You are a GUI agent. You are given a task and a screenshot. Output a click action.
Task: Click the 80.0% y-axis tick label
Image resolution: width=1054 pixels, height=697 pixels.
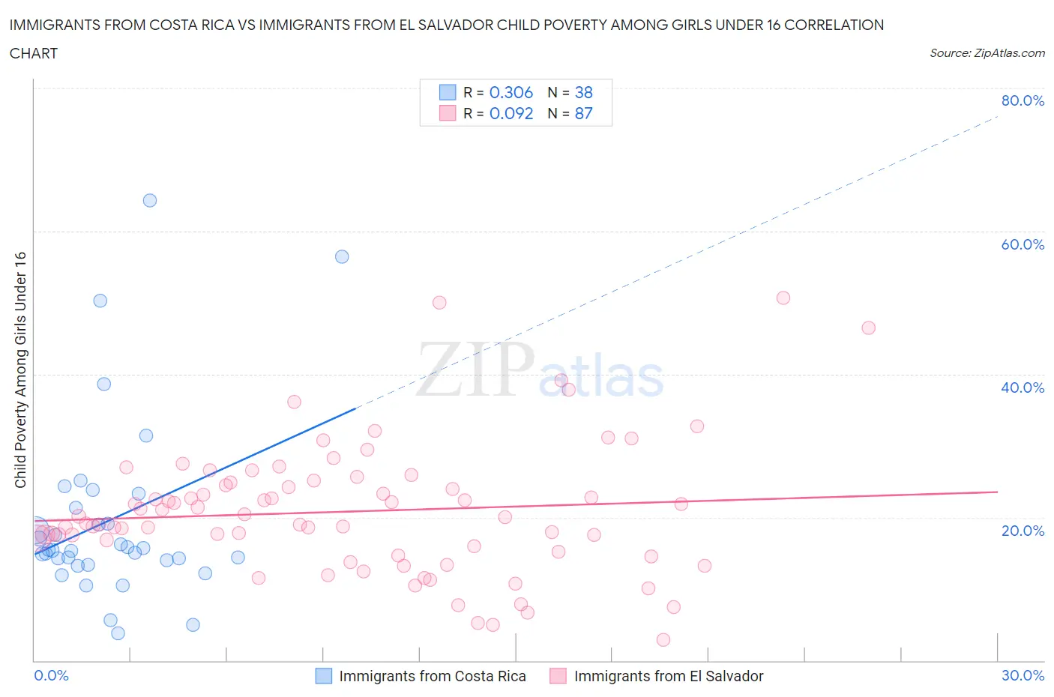[x=1023, y=100]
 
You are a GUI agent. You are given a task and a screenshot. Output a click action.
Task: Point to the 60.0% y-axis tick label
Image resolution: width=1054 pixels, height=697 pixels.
[x=1023, y=244]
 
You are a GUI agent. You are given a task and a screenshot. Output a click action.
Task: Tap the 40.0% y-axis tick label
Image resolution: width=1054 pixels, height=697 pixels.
[x=1023, y=387]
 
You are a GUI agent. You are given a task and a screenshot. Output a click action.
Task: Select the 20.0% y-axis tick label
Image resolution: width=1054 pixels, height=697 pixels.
[x=1023, y=531]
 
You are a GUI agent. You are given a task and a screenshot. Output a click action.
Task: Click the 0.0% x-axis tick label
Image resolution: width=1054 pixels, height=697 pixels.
[x=51, y=675]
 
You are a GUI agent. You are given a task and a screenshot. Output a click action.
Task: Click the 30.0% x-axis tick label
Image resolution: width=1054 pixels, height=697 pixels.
[x=1023, y=675]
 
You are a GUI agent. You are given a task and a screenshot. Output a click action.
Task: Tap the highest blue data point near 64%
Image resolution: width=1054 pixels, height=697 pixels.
[x=150, y=200]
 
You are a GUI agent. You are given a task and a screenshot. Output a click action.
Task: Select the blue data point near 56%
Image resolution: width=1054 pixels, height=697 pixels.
[x=342, y=256]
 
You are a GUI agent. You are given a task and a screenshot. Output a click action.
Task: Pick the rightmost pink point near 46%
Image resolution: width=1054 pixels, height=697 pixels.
[x=868, y=328]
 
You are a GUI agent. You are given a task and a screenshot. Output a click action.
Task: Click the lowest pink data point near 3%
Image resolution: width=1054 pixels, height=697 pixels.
[x=663, y=639]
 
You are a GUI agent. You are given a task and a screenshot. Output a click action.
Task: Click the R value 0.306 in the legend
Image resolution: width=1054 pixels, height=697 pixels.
[x=511, y=92]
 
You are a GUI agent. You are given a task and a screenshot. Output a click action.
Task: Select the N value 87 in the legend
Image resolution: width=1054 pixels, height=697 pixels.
[x=583, y=113]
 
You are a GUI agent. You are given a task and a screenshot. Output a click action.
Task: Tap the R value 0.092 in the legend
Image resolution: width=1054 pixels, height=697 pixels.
[x=511, y=113]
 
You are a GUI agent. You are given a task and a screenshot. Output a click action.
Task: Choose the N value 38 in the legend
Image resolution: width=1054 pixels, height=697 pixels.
[x=583, y=92]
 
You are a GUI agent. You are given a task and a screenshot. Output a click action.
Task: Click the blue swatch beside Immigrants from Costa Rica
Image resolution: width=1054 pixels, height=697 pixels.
[x=323, y=676]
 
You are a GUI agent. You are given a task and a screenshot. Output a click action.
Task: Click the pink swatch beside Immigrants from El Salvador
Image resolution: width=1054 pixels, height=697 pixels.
[x=558, y=676]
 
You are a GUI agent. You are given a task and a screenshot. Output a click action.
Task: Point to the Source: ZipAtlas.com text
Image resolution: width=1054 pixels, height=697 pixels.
[x=987, y=53]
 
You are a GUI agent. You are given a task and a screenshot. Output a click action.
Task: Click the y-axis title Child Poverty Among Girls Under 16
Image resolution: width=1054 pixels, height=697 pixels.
[x=21, y=370]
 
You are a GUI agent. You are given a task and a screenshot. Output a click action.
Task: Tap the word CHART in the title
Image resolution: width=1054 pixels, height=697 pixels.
[x=34, y=53]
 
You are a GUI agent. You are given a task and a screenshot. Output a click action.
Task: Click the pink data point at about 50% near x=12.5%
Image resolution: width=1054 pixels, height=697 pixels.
[x=439, y=303]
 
